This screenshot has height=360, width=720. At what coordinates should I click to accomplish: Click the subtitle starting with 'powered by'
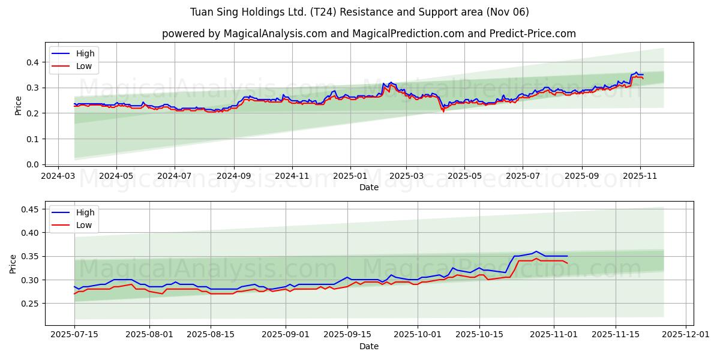pyautogui.click(x=368, y=34)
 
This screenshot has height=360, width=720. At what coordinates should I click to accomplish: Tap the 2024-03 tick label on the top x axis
pyautogui.click(x=58, y=176)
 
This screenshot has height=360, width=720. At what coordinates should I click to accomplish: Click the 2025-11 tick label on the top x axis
pyautogui.click(x=640, y=176)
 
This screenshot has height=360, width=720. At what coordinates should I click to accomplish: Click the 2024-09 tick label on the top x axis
pyautogui.click(x=233, y=176)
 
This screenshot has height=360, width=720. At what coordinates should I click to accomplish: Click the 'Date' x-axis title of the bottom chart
pyautogui.click(x=368, y=346)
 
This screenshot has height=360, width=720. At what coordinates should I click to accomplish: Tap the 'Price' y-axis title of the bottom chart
pyautogui.click(x=13, y=264)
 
